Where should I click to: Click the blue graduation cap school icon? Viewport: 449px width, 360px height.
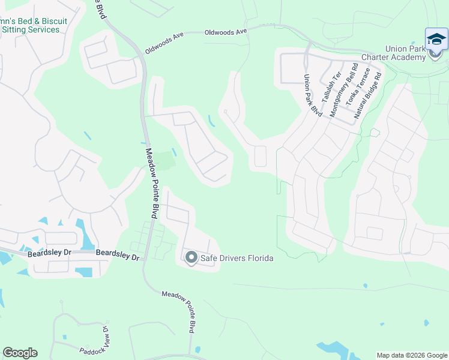436,39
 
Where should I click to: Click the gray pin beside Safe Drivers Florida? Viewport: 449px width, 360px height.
191,258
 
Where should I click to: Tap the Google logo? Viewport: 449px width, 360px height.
20,353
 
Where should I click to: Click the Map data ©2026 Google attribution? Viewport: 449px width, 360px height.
411,355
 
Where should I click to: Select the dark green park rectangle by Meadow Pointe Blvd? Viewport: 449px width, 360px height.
164,160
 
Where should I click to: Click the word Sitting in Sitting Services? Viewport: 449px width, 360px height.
14,29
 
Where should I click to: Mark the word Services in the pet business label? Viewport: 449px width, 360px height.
44,29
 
